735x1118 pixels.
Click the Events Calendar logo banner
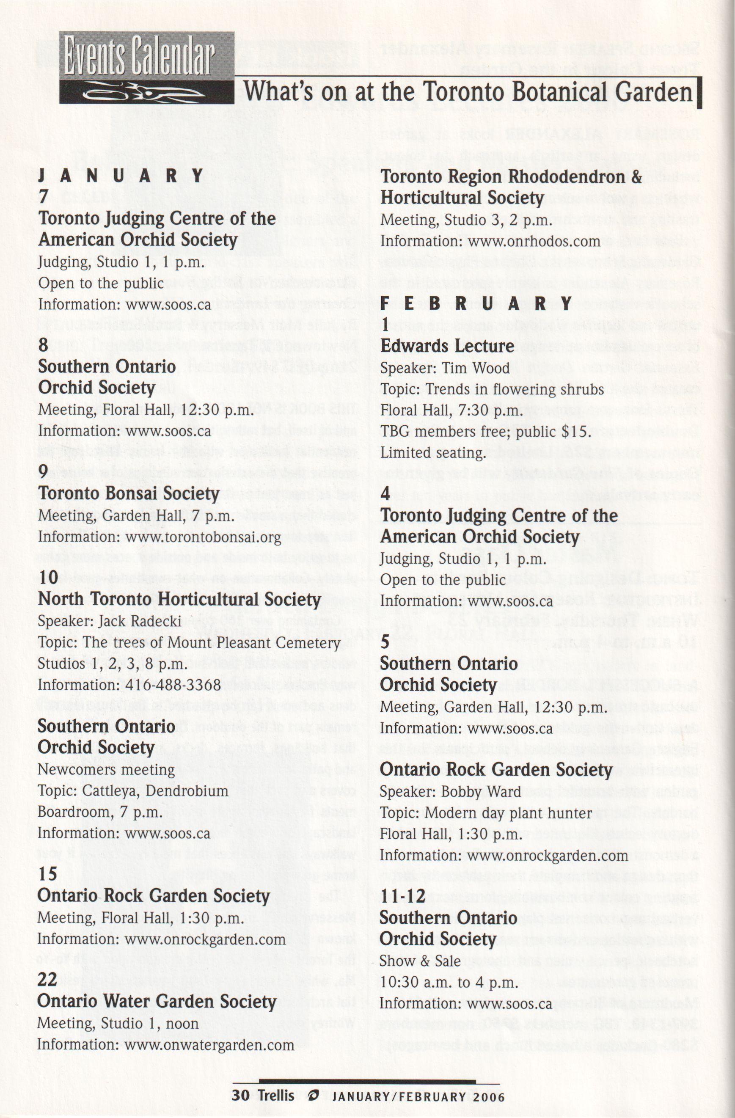pyautogui.click(x=146, y=68)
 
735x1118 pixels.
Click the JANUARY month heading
pyautogui.click(x=121, y=176)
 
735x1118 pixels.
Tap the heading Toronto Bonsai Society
pyautogui.click(x=129, y=494)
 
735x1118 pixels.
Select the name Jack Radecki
pyautogui.click(x=140, y=622)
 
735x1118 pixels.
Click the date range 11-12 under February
pyautogui.click(x=402, y=896)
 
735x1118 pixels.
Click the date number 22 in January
pyautogui.click(x=47, y=980)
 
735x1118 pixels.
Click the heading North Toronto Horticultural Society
pyautogui.click(x=179, y=599)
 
